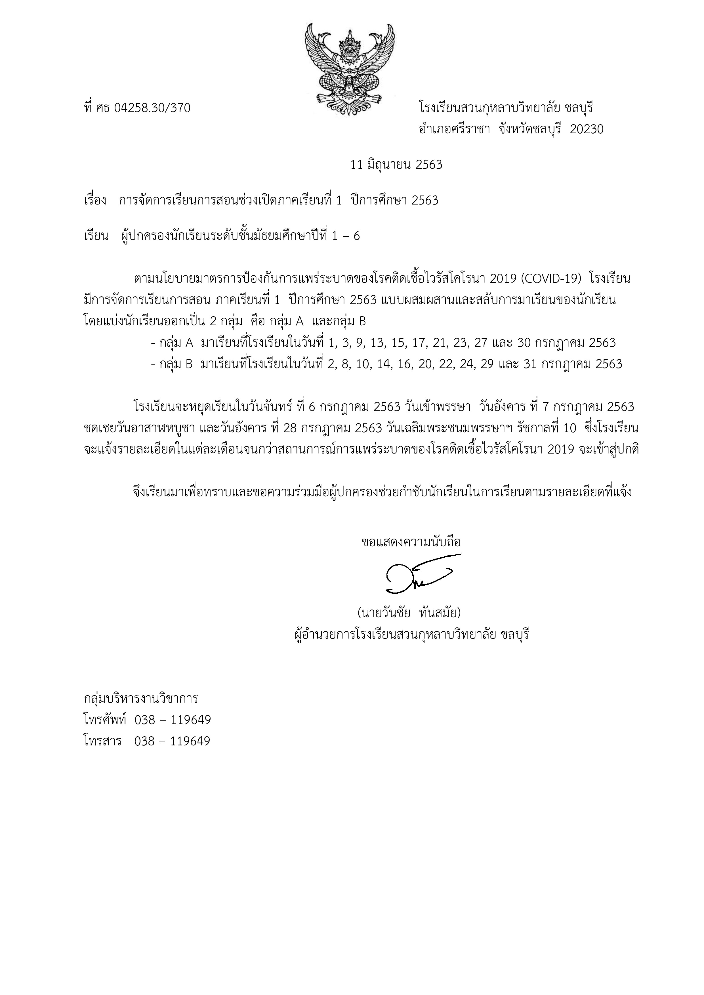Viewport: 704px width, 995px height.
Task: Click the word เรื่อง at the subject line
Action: point(95,201)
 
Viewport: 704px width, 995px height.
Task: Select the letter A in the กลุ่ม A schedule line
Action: point(190,343)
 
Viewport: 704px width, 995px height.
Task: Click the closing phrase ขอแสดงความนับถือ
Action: point(411,542)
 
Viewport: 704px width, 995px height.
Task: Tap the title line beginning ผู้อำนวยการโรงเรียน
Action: point(411,635)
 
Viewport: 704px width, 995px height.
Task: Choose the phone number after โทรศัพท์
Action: point(173,720)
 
